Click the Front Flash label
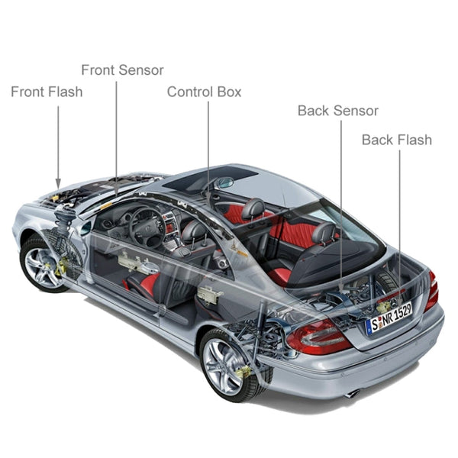[47, 92]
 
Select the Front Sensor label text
[122, 70]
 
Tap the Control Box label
[204, 92]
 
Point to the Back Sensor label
[337, 111]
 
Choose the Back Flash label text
[396, 140]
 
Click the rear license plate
[389, 317]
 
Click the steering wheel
[145, 226]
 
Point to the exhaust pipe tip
[352, 394]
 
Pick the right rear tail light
[433, 290]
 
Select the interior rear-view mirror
[224, 183]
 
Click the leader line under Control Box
[208, 145]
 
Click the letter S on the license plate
[372, 326]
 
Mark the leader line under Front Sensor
[116, 130]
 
